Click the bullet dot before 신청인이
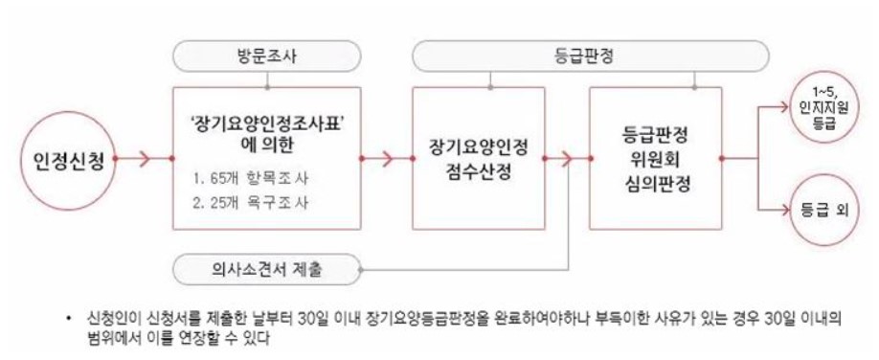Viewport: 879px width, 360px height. click(70, 316)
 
